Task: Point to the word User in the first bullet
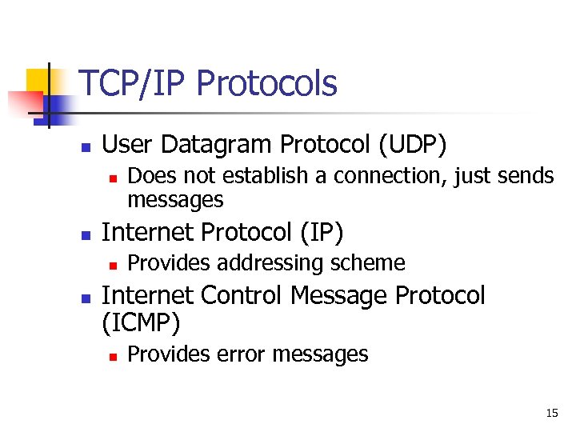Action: coord(128,145)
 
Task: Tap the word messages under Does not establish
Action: coord(175,198)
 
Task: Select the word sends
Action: coord(524,176)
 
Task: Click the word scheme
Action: coord(370,263)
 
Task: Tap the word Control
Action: coord(242,296)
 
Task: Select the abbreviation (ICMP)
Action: coord(142,323)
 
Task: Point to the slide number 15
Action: coord(551,414)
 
